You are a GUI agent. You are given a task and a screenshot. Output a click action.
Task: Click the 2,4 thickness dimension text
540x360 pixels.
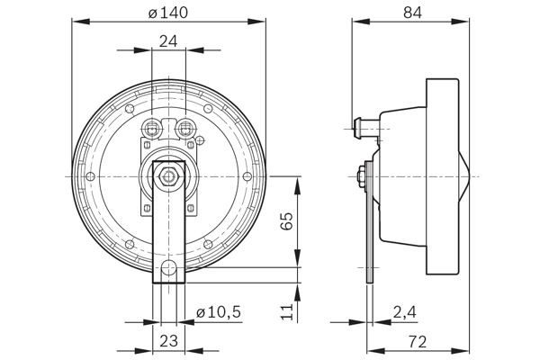405,311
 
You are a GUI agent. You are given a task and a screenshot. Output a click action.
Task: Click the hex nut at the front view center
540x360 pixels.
168,175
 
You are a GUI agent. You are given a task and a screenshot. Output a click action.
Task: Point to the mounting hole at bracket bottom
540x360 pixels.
168,267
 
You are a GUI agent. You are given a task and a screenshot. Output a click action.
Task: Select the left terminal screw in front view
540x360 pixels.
150,127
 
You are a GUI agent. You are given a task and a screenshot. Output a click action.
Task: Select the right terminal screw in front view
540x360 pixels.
186,127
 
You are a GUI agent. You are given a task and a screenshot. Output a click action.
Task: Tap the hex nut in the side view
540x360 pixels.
360,175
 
